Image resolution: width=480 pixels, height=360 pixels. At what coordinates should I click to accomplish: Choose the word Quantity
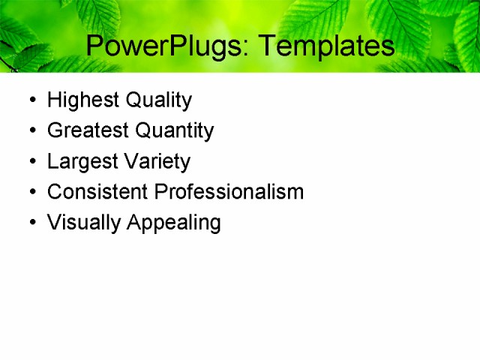[x=173, y=130]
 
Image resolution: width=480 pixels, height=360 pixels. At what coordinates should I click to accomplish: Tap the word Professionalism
[x=229, y=192]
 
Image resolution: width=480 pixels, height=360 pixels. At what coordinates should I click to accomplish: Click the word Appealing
[x=174, y=223]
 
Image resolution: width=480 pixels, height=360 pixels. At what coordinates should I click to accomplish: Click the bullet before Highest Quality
[x=31, y=100]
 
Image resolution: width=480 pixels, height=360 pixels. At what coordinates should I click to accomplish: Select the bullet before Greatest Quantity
[x=31, y=131]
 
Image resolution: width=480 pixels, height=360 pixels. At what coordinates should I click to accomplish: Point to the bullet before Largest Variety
[x=31, y=162]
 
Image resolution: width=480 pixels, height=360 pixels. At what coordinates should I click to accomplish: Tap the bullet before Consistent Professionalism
[x=31, y=193]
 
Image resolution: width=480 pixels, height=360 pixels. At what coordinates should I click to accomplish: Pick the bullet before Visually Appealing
[x=31, y=223]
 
